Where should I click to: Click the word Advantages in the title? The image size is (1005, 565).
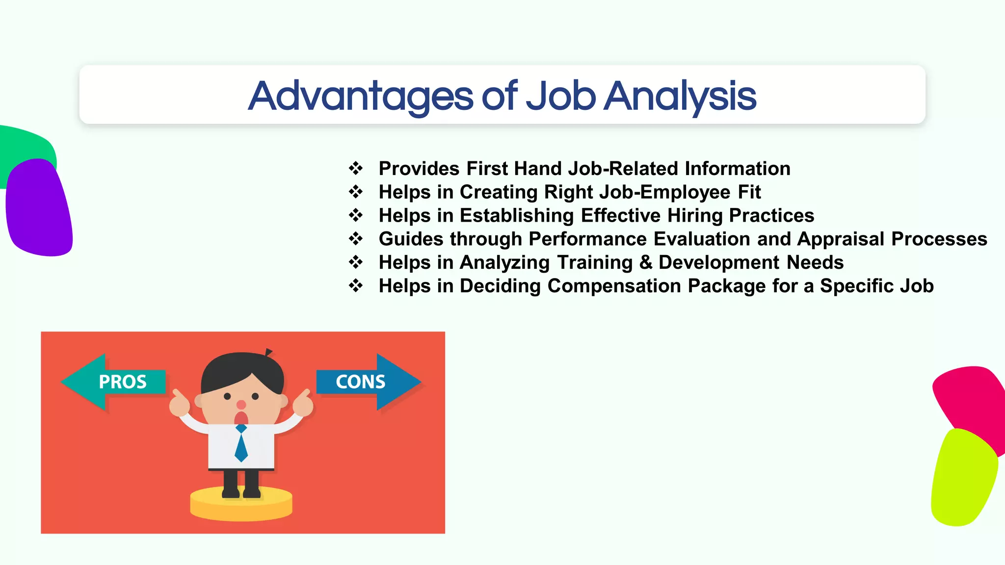[x=361, y=96]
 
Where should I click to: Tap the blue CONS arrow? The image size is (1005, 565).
[x=368, y=382]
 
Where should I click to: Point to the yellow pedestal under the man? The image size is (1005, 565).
[x=241, y=505]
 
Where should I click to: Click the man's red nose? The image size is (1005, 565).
[x=241, y=405]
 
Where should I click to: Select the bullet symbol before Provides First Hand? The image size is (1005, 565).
[x=356, y=168]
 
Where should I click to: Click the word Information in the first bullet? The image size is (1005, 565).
[x=738, y=168]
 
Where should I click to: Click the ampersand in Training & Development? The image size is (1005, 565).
[x=646, y=262]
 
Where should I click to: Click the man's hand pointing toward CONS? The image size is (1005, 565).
[x=303, y=405]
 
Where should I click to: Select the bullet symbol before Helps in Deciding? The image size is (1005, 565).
[x=356, y=285]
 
